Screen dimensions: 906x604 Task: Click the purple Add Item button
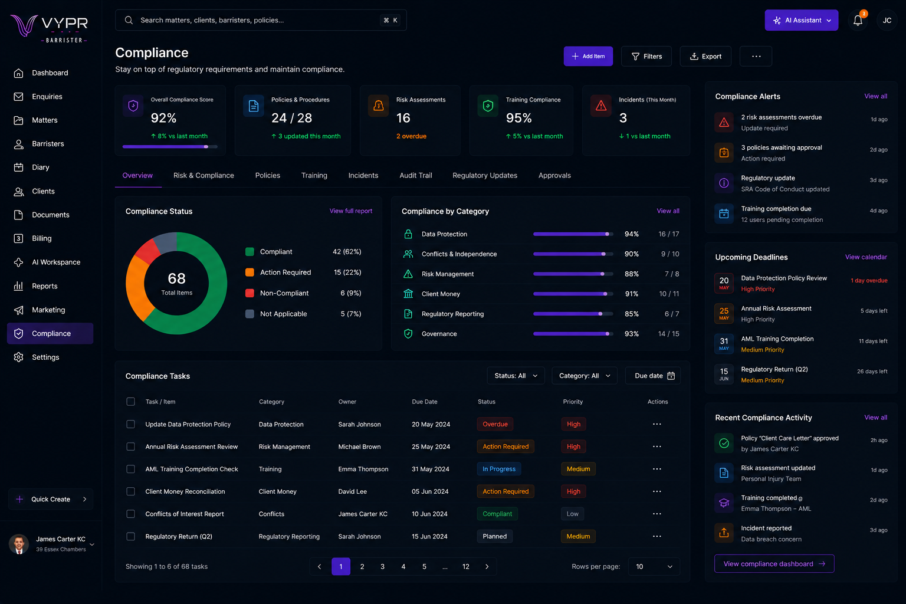click(588, 56)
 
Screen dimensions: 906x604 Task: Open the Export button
click(705, 56)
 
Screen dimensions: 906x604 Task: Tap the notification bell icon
click(858, 20)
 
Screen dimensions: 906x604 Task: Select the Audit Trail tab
click(416, 175)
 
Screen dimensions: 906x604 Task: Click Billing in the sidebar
click(42, 238)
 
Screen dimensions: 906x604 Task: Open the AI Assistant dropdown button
click(801, 20)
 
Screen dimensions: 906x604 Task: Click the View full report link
click(351, 211)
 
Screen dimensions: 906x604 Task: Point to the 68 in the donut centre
click(176, 278)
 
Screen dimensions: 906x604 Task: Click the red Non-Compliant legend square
click(250, 293)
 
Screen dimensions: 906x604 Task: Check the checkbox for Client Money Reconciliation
click(130, 491)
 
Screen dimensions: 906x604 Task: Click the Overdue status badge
click(495, 424)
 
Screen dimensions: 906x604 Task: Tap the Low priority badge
click(572, 514)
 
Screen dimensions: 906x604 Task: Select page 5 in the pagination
click(424, 566)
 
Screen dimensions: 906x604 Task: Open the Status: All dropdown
click(516, 376)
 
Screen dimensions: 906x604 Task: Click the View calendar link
click(866, 257)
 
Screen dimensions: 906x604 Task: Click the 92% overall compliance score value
click(163, 118)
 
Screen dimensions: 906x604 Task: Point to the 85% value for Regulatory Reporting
click(631, 314)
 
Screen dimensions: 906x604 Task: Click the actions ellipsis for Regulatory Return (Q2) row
click(657, 536)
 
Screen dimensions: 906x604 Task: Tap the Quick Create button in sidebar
click(51, 499)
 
